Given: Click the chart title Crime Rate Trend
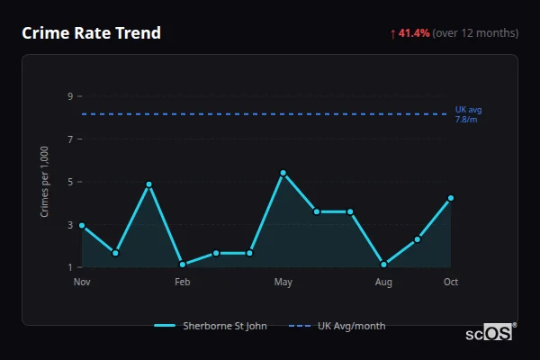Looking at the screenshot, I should tap(92, 33).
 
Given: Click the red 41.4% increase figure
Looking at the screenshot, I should tap(414, 33).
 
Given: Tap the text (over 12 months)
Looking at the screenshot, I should tap(475, 33).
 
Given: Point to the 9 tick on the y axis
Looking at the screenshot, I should tap(69, 96).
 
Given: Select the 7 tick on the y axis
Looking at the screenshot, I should tap(69, 139).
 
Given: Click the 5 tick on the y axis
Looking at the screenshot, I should tap(69, 182).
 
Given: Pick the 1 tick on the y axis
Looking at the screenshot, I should tap(69, 267).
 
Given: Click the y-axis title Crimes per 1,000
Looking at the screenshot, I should tap(45, 182).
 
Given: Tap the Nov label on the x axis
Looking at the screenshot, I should tap(82, 283).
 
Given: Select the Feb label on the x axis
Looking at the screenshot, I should tap(183, 283).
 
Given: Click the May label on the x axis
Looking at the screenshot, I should tap(283, 283).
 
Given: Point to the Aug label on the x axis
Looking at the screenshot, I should tap(384, 283).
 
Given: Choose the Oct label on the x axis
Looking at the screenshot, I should tap(451, 283).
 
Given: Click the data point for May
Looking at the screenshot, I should tap(283, 173).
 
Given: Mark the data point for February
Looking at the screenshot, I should tap(183, 265).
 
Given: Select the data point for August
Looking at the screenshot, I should tap(384, 265).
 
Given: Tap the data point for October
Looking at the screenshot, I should tap(451, 198).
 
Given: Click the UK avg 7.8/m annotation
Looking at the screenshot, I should tap(468, 114).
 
